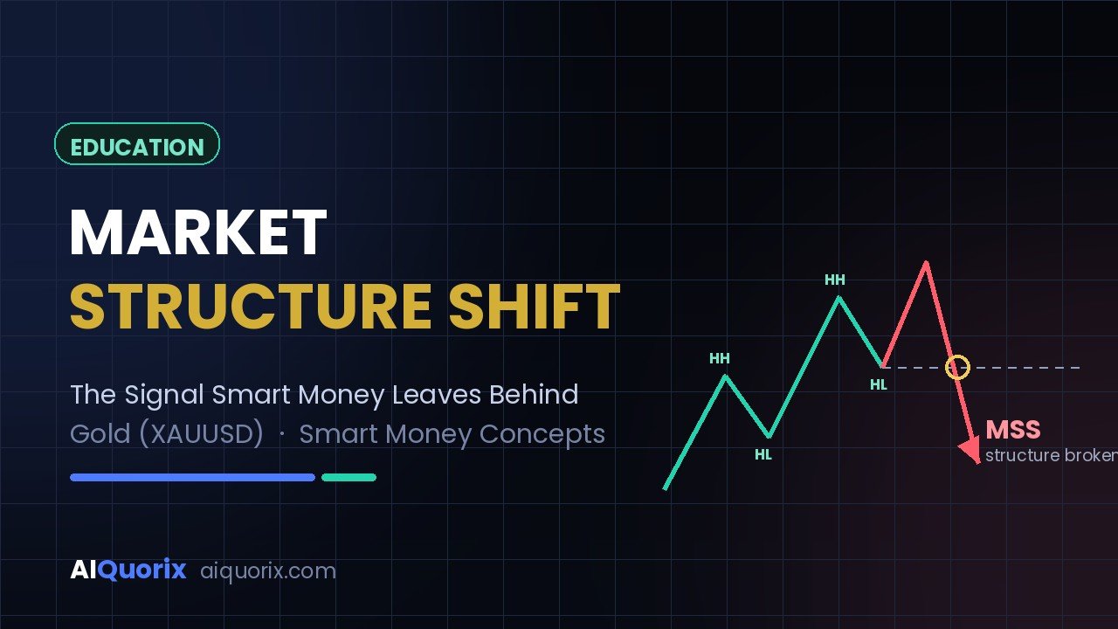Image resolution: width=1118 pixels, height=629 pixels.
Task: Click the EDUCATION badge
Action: point(137,144)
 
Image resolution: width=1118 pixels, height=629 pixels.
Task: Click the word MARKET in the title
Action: point(198,232)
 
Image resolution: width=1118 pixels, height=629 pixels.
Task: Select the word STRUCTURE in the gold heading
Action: point(251,306)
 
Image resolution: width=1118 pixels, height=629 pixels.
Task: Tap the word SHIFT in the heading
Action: point(534,306)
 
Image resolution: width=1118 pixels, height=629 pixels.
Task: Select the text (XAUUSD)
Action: point(201,433)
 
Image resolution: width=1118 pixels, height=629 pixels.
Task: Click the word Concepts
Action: point(542,434)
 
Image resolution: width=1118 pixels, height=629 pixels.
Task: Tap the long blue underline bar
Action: point(193,477)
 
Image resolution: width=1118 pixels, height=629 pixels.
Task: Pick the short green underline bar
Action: point(349,477)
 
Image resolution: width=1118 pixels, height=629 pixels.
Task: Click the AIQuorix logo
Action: point(128,570)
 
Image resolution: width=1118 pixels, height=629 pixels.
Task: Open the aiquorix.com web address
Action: point(268,571)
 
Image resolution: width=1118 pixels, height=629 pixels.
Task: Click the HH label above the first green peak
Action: point(720,358)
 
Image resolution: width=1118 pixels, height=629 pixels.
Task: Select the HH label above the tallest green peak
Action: point(835,280)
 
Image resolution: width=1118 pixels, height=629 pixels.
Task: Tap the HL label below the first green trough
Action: point(763,455)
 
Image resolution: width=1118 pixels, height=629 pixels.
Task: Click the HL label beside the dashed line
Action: point(879,385)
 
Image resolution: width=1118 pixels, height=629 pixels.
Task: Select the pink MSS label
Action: point(1013,430)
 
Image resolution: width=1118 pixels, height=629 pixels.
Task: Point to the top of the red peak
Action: point(927,262)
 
